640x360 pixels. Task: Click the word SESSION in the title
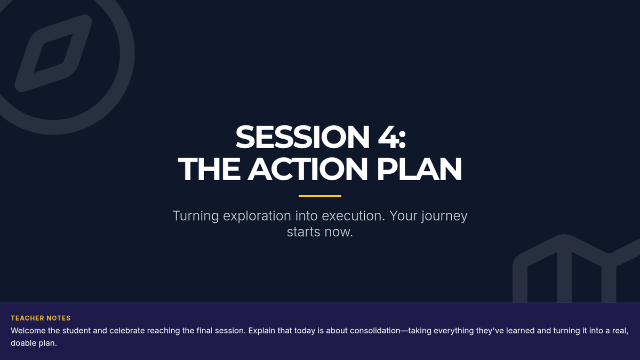(x=302, y=137)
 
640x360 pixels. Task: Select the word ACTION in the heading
(x=308, y=169)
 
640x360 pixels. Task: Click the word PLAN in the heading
(x=419, y=169)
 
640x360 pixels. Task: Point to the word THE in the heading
(x=209, y=169)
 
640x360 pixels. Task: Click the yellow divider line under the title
(x=320, y=196)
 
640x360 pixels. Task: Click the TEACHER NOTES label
(x=41, y=318)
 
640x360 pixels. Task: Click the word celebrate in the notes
(x=127, y=331)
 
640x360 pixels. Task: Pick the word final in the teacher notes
(x=205, y=331)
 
